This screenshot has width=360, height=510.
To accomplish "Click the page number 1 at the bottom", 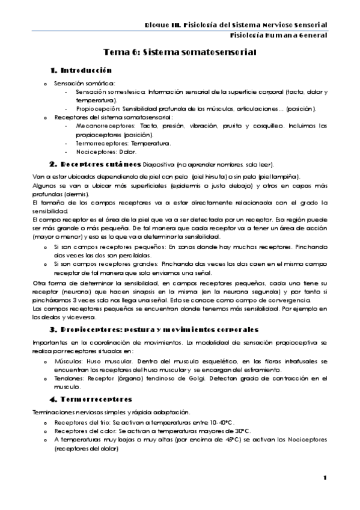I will tap(325, 478).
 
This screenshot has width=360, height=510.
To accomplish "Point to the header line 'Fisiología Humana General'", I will tap(279, 35).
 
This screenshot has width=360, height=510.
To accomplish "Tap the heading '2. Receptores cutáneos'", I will tap(96, 164).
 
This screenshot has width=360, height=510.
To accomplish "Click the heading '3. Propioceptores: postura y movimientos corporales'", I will tap(154, 330).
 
